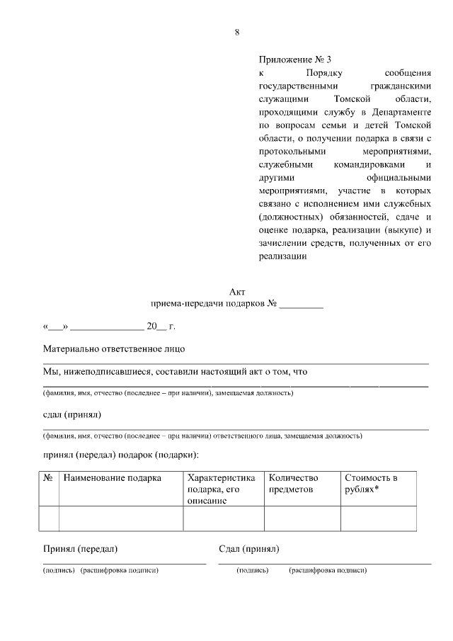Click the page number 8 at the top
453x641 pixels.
pos(237,32)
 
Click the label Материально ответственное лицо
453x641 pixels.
pos(114,349)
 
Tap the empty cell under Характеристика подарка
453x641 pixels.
pos(223,518)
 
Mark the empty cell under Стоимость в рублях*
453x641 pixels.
pos(378,518)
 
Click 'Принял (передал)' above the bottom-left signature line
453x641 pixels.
pos(80,549)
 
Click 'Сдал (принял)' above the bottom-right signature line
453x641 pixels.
pos(249,549)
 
